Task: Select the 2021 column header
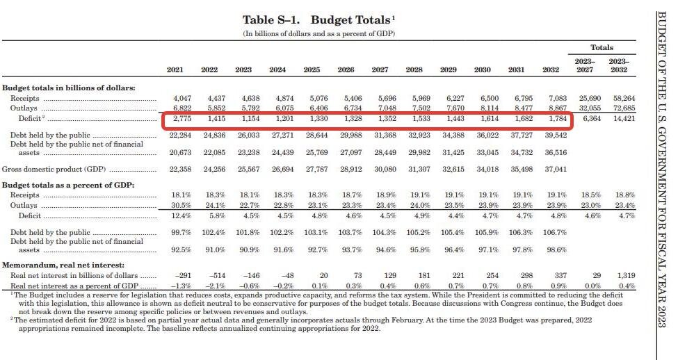pos(175,69)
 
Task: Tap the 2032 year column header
pos(551,69)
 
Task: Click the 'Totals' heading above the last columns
pos(602,47)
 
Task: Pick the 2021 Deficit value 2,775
pos(182,118)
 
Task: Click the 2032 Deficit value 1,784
pos(558,118)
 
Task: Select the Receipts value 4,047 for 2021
pos(182,99)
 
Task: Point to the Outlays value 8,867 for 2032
pos(558,108)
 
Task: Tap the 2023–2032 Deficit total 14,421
pos(624,118)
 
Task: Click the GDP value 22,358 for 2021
pos(180,170)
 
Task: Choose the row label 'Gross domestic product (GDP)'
pos(54,170)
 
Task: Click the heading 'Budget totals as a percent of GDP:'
pos(68,186)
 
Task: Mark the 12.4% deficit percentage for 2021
pos(181,215)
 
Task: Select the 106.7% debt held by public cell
pos(555,233)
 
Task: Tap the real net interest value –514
pos(217,276)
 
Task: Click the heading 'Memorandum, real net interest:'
pos(63,265)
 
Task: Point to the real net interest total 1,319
pos(626,276)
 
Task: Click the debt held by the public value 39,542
pos(556,136)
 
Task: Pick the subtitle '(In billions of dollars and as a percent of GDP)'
pos(318,34)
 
